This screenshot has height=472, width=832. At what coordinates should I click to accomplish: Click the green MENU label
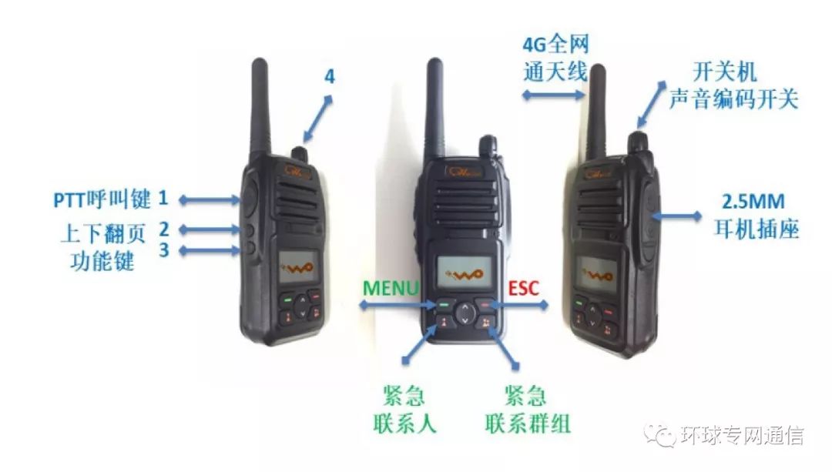(x=391, y=288)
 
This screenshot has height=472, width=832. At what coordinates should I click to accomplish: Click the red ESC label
(x=524, y=288)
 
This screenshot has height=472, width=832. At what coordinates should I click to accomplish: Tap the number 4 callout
(x=329, y=77)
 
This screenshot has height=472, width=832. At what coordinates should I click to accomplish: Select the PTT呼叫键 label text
(x=102, y=199)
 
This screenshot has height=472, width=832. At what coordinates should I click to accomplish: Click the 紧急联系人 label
(x=400, y=410)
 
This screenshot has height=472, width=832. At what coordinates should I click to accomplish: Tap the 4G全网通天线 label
(x=555, y=58)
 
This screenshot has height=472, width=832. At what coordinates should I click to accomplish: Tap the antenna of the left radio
(x=260, y=108)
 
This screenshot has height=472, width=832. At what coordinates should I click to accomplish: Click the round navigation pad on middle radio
(x=465, y=312)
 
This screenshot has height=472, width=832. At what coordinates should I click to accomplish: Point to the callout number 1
(x=163, y=199)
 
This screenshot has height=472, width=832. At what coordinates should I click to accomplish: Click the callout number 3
(x=163, y=250)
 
